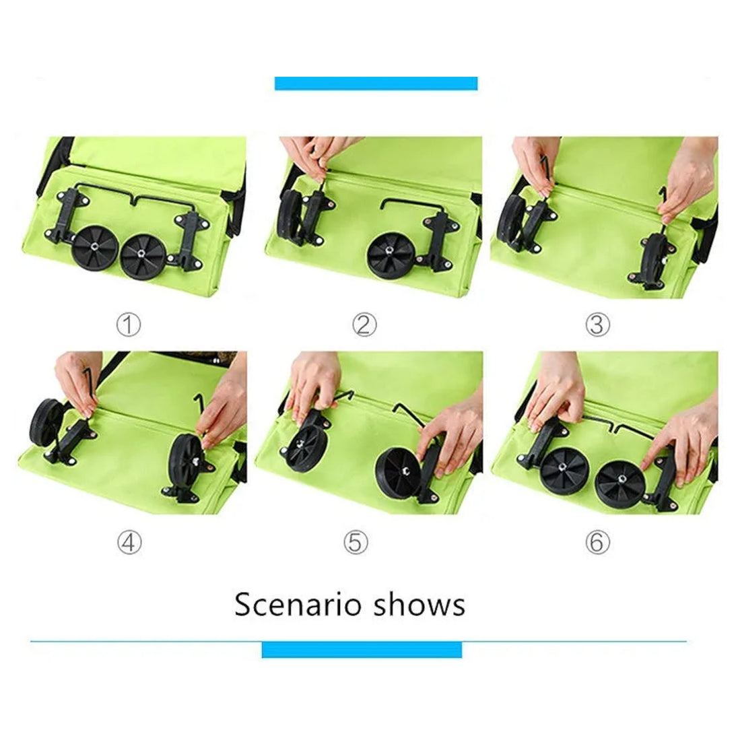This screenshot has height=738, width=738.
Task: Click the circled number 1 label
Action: point(129,325)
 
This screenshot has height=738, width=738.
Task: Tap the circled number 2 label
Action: point(364,325)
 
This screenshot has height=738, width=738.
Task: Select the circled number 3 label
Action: point(597,325)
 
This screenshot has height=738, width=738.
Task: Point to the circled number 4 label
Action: point(129,543)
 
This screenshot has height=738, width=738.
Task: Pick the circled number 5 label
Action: point(356,543)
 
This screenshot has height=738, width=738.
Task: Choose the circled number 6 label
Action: point(597,543)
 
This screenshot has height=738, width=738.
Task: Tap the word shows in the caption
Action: point(420,604)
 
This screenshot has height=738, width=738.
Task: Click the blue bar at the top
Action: point(376,83)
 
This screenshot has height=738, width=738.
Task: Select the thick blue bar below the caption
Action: point(362,650)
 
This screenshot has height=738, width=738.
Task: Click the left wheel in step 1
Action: point(96,248)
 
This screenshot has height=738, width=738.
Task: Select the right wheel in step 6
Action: point(620,485)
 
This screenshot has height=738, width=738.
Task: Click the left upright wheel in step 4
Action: point(46,423)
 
